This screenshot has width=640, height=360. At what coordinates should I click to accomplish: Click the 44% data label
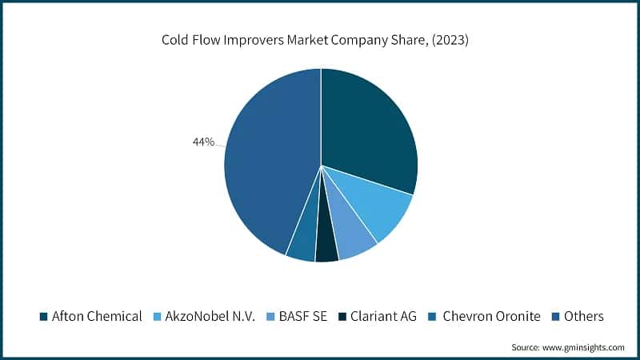point(203,142)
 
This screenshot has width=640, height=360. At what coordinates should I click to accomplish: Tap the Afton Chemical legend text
point(97,316)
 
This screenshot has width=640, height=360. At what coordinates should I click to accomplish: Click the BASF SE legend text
point(306,316)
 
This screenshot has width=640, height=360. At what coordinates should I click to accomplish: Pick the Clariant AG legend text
point(384,316)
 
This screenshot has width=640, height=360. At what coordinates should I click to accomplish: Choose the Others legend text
point(583,316)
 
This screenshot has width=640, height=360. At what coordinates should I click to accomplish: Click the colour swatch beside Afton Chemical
point(44,316)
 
